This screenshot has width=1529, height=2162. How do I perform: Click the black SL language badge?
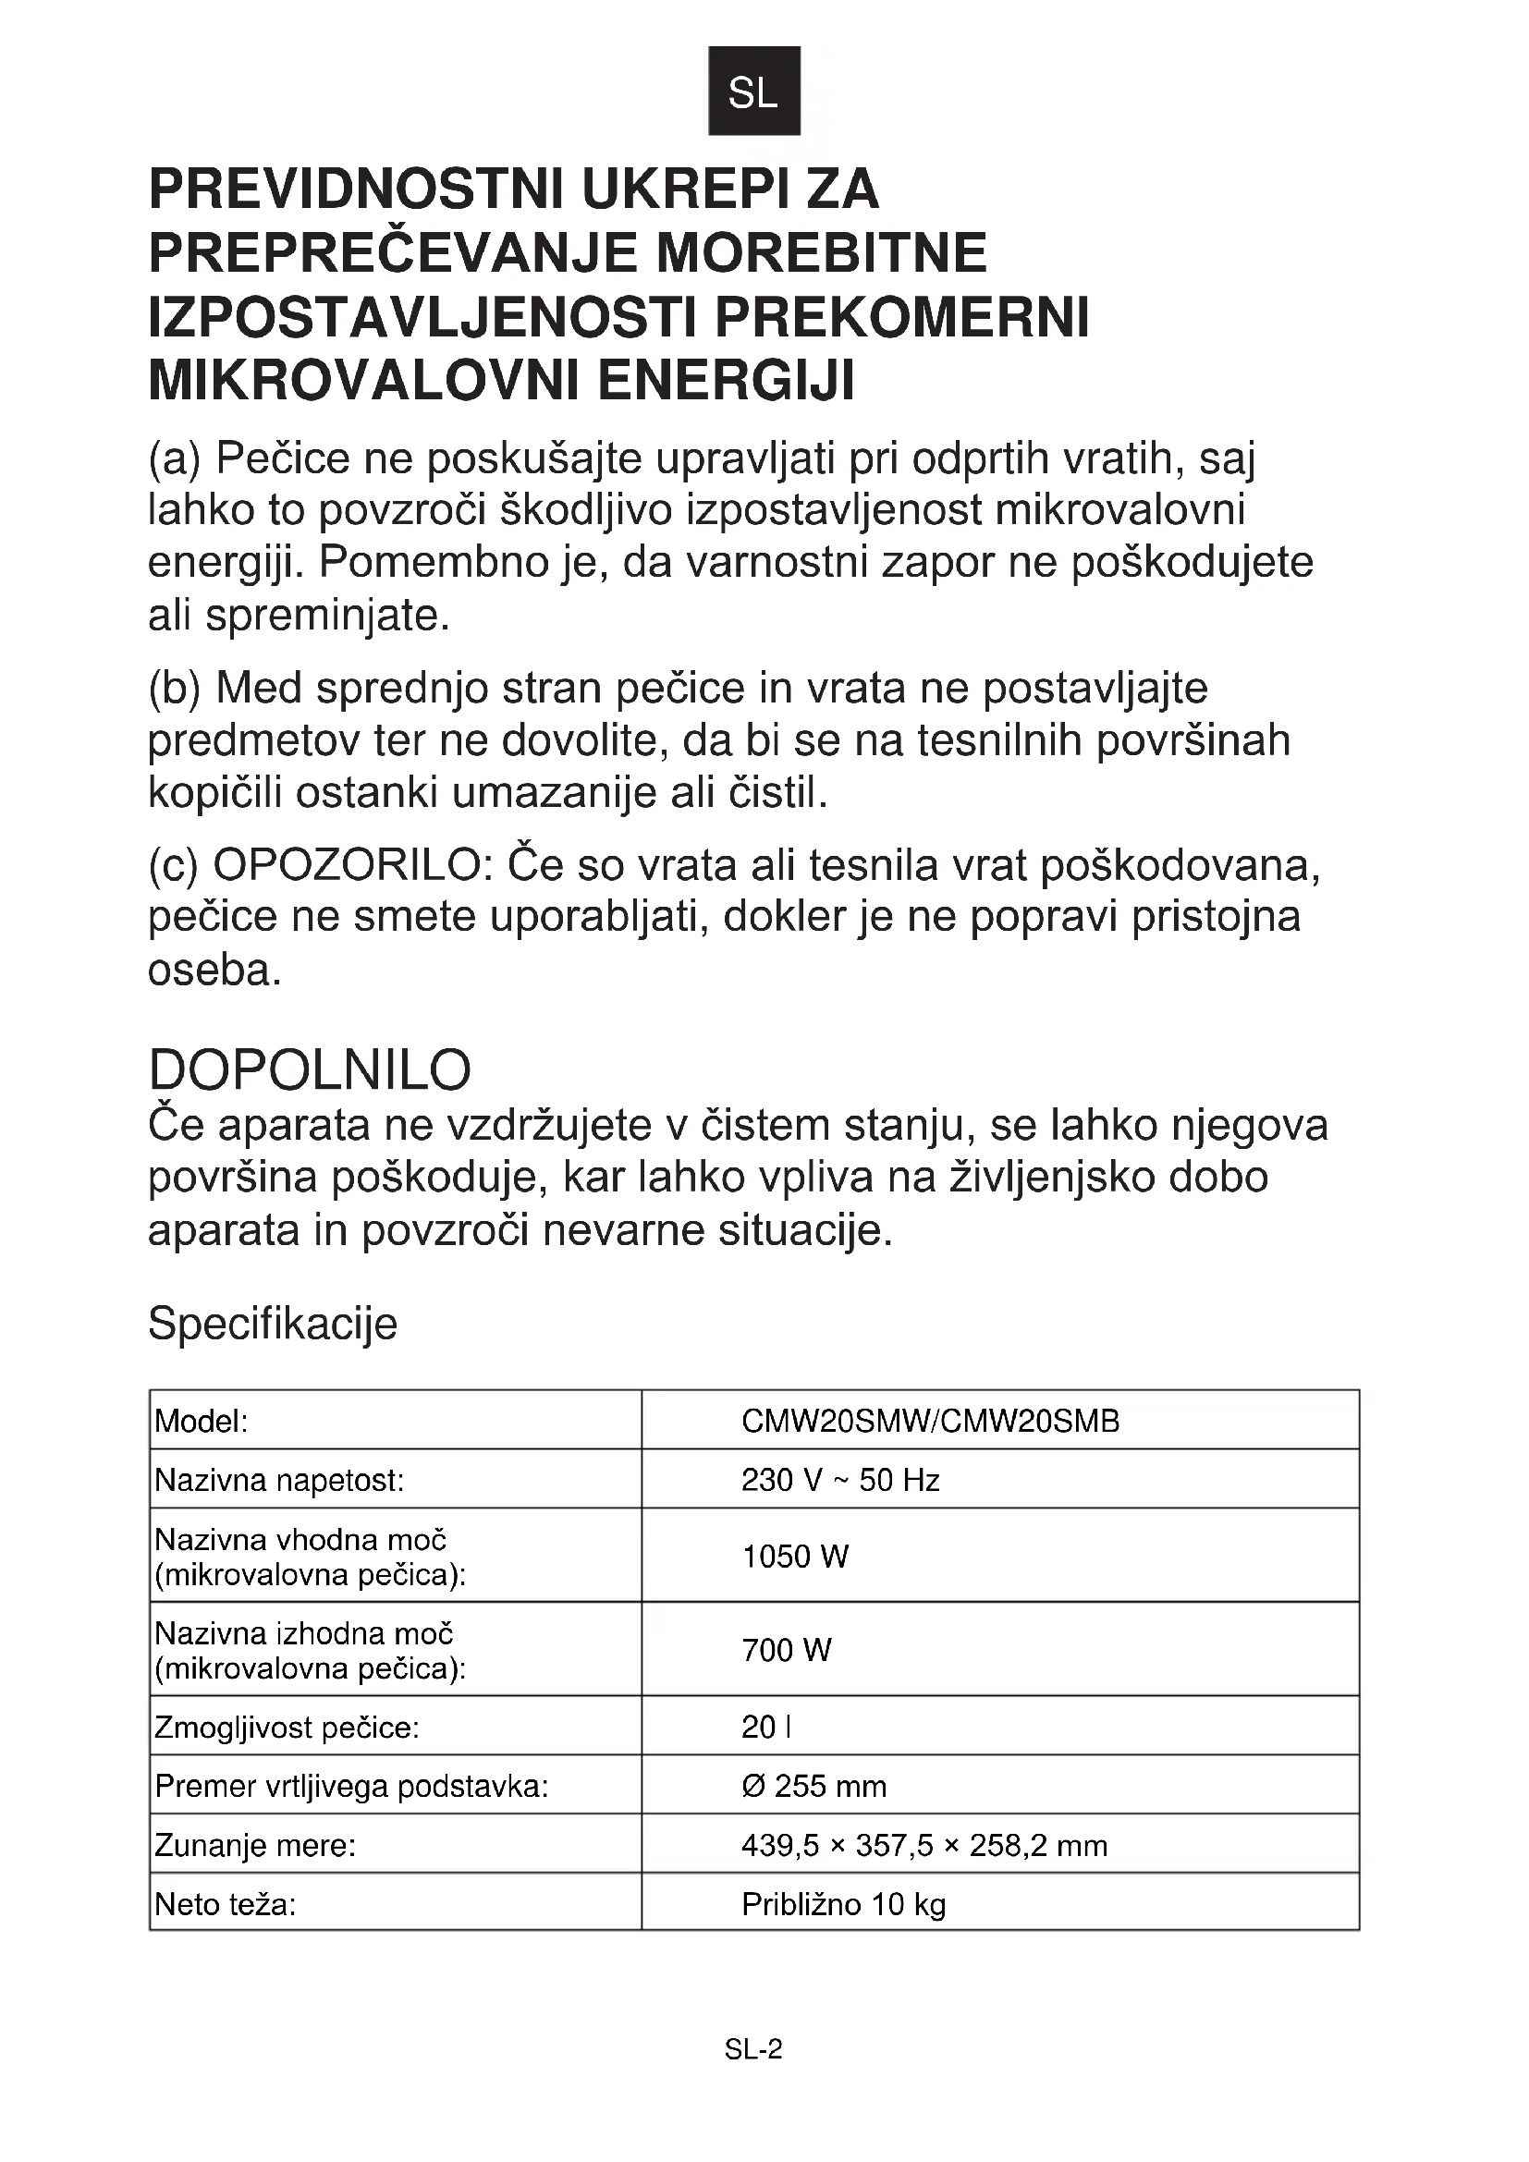pyautogui.click(x=753, y=92)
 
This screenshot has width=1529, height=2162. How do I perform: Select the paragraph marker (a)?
pyautogui.click(x=174, y=459)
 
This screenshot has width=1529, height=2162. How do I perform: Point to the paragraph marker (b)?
pyautogui.click(x=174, y=689)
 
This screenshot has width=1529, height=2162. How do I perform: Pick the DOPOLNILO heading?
pyautogui.click(x=310, y=1069)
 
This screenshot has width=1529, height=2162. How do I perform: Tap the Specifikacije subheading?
pyautogui.click(x=273, y=1323)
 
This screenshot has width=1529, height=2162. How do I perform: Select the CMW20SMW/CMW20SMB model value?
pyautogui.click(x=930, y=1421)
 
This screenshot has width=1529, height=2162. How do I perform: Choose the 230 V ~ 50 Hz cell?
pyautogui.click(x=839, y=1480)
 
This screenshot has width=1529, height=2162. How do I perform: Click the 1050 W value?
pyautogui.click(x=795, y=1557)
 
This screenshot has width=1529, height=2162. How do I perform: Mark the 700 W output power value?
pyautogui.click(x=786, y=1650)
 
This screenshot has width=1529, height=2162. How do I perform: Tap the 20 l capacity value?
pyautogui.click(x=765, y=1727)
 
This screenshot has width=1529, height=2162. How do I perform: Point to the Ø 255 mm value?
pyautogui.click(x=813, y=1787)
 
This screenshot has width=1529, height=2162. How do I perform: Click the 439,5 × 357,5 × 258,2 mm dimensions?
pyautogui.click(x=924, y=1845)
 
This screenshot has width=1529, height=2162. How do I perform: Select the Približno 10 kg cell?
pyautogui.click(x=843, y=1904)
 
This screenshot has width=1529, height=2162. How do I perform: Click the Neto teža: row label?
pyautogui.click(x=225, y=1904)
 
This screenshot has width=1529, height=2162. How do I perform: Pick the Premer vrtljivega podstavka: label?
pyautogui.click(x=351, y=1787)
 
